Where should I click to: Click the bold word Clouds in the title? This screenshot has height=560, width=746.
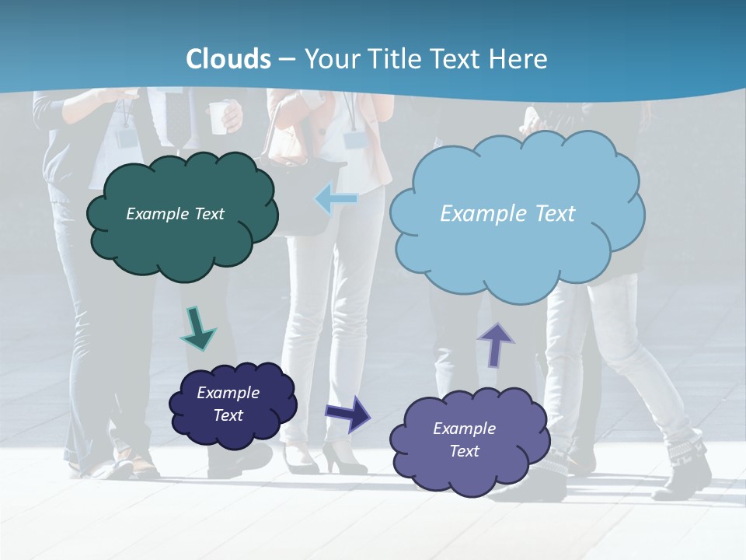tap(228, 59)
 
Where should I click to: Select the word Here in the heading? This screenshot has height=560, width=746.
tap(521, 59)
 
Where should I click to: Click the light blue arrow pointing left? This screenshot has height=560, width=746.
tap(336, 199)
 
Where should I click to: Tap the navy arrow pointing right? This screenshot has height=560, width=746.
tap(348, 413)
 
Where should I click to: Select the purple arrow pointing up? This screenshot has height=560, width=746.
tap(496, 344)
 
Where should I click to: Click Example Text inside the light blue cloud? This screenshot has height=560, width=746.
tap(507, 214)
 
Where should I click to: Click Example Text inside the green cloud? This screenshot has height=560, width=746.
tap(175, 214)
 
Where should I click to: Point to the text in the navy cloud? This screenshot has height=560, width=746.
tap(228, 404)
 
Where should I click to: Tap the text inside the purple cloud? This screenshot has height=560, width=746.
tap(464, 439)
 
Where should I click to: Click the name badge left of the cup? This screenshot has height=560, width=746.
tap(127, 138)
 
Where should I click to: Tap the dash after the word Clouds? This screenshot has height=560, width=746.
tap(287, 59)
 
